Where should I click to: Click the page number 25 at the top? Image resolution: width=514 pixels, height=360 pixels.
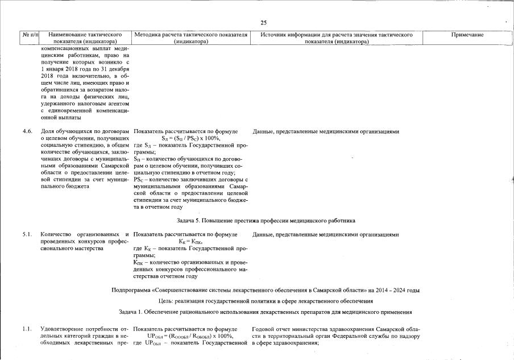pyautogui.click(x=264, y=23)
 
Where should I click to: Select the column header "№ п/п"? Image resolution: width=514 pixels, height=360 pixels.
pyautogui.click(x=30, y=35)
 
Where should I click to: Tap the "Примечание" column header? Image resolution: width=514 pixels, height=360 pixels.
pyautogui.click(x=467, y=35)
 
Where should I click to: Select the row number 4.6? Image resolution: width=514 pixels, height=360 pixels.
pyautogui.click(x=27, y=131)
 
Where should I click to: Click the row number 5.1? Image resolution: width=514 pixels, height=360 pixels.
pyautogui.click(x=27, y=234)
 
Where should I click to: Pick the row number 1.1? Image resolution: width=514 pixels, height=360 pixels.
pyautogui.click(x=27, y=329)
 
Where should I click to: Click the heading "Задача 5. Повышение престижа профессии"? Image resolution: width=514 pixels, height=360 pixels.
pyautogui.click(x=266, y=220)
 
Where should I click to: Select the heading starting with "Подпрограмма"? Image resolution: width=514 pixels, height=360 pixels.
pyautogui.click(x=266, y=291)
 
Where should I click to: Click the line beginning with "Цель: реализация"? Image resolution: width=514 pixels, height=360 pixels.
pyautogui.click(x=266, y=301)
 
